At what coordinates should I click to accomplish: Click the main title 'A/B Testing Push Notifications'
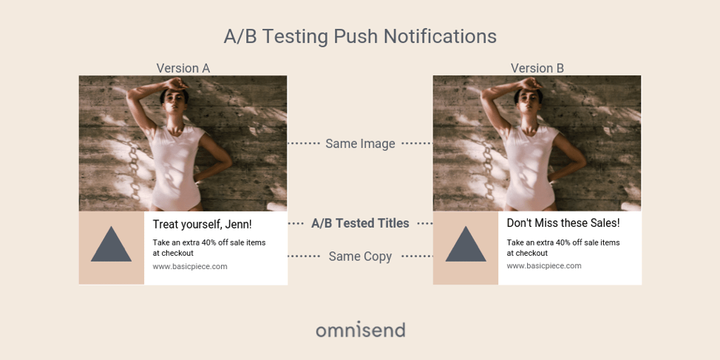coord(360,36)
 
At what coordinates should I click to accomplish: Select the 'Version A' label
coord(183,68)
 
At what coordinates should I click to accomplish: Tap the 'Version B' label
coord(537,68)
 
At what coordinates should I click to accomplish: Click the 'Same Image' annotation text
coord(360,143)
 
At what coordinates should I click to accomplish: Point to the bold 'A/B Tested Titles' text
coord(360,223)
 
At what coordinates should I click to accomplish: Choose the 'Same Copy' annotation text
coord(360,257)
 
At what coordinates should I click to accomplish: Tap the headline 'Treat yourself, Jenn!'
coord(202,225)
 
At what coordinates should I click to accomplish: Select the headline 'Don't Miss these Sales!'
coord(563,223)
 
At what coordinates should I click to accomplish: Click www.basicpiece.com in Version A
coord(190,266)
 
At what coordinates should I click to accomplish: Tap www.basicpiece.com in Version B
coord(544,265)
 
